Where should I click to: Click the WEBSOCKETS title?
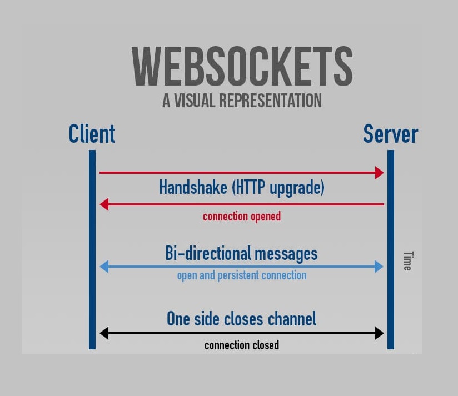[242, 66]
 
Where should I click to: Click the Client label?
[92, 134]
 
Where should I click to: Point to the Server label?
[390, 134]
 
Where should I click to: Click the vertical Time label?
[407, 261]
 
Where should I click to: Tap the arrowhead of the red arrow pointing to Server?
[380, 173]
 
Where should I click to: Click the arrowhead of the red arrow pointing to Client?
[103, 204]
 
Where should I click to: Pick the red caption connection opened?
[242, 217]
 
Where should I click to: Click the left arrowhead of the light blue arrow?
[103, 267]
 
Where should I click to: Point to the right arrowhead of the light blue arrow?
[380, 267]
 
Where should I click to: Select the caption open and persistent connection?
[242, 275]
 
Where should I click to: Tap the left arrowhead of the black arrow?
[103, 333]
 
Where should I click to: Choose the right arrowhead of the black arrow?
[380, 333]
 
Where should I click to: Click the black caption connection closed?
[242, 345]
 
